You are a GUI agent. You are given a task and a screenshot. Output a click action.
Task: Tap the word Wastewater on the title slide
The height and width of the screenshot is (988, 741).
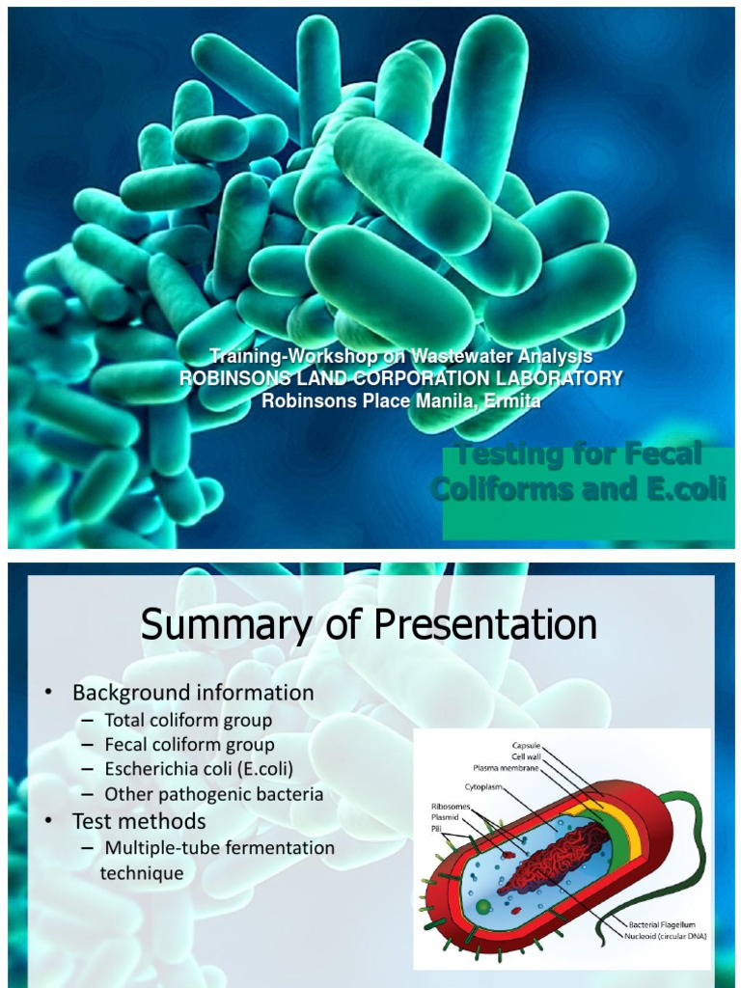point(451,357)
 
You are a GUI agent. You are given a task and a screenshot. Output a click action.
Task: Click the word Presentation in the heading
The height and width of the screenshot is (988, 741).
point(486,625)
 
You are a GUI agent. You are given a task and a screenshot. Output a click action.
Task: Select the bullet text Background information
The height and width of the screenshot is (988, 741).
point(193,693)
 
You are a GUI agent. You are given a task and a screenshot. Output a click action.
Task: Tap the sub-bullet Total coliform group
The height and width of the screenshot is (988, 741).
point(188,720)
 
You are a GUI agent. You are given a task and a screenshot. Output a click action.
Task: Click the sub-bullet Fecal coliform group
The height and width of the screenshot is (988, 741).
point(189,745)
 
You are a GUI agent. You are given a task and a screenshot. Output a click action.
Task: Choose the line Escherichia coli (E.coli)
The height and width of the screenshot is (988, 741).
point(199,769)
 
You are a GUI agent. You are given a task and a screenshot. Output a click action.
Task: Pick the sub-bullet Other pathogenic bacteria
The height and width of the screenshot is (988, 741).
point(214,795)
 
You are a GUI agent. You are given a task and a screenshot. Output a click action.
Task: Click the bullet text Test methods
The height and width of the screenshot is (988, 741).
point(139,821)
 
